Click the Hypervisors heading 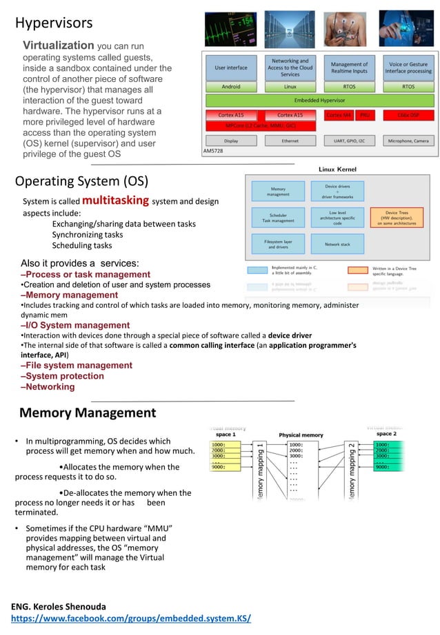pyautogui.click(x=54, y=23)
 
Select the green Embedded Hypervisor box pyautogui.click(x=319, y=101)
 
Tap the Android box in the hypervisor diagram pyautogui.click(x=231, y=87)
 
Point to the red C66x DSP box pyautogui.click(x=408, y=115)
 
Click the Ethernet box pyautogui.click(x=290, y=140)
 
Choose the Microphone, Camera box pyautogui.click(x=408, y=140)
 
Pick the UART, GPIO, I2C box pyautogui.click(x=349, y=140)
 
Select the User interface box pyautogui.click(x=231, y=68)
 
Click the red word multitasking pyautogui.click(x=115, y=200)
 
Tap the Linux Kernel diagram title pyautogui.click(x=337, y=169)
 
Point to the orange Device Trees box pyautogui.click(x=397, y=218)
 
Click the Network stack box pyautogui.click(x=337, y=244)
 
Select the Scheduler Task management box pyautogui.click(x=278, y=218)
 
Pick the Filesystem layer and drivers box pyautogui.click(x=278, y=244)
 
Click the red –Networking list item pyautogui.click(x=48, y=387)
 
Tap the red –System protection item pyautogui.click(x=62, y=376)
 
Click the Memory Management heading pyautogui.click(x=88, y=413)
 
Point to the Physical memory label pyautogui.click(x=301, y=435)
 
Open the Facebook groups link pyautogui.click(x=131, y=618)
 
